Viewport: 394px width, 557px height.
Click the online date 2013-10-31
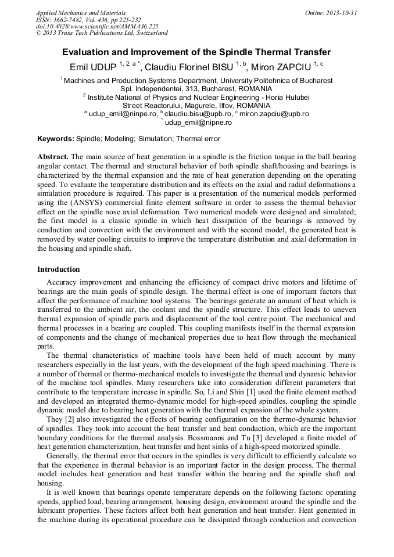pos(341,13)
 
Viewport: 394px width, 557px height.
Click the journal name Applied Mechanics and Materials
pos(81,13)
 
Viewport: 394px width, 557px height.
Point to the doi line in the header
pos(97,27)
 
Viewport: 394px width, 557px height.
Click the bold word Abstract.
pos(53,158)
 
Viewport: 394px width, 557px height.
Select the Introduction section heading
pos(58,269)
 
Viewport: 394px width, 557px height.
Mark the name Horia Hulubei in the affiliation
pos(285,97)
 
